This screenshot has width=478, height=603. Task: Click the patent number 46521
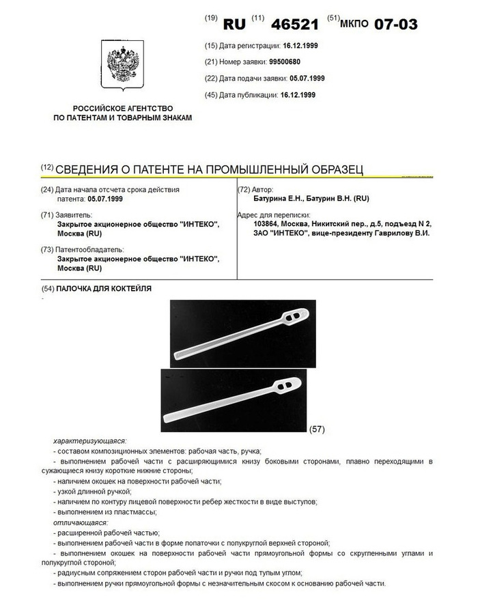point(295,24)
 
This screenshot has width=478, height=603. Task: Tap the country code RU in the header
point(235,24)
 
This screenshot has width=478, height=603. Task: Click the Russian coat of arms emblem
point(122,66)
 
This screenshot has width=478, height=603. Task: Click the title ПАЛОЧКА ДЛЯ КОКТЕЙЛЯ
point(104,289)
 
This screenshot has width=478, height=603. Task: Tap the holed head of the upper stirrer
point(293,318)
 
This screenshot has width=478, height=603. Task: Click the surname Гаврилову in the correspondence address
point(390,233)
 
